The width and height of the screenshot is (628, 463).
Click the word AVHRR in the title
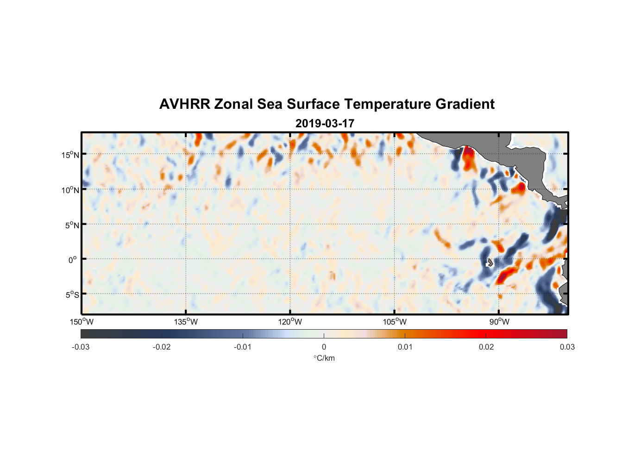point(184,104)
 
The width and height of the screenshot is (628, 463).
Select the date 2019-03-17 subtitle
point(325,124)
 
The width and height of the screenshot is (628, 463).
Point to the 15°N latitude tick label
point(70,155)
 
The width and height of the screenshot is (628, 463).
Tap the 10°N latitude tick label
point(70,190)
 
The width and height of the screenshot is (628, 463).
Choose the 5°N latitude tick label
point(72,225)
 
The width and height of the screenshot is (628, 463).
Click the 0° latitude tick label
point(73,260)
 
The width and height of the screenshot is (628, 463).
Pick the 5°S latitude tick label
point(72,295)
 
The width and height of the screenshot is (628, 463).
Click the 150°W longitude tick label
point(82,322)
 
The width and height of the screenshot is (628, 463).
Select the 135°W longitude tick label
point(186,322)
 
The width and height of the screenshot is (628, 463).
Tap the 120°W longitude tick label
point(290,322)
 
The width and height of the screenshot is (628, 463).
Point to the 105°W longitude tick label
point(395,322)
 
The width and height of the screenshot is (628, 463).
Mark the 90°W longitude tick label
point(499,322)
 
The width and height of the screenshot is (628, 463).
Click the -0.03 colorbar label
point(81,347)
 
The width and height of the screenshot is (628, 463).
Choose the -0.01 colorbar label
point(243,347)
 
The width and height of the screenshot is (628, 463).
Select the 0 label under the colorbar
point(324,347)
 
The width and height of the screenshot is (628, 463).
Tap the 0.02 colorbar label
point(486,347)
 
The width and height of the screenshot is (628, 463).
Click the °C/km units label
point(324,358)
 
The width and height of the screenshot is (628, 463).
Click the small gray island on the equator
point(490,263)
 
